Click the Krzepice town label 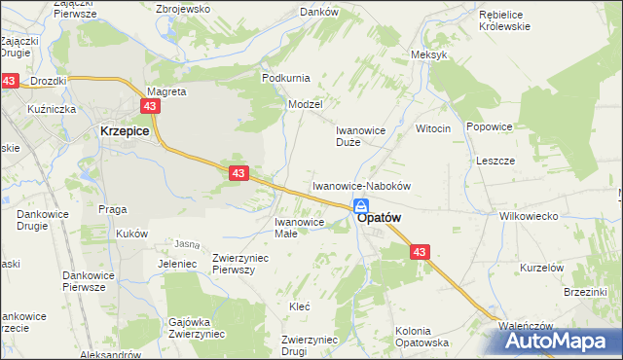click(x=123, y=130)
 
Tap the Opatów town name click(x=380, y=219)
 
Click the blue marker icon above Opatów click(x=361, y=205)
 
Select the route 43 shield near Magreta click(x=150, y=105)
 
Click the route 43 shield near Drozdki click(x=9, y=82)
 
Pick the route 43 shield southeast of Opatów click(x=419, y=251)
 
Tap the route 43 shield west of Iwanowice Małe click(x=238, y=172)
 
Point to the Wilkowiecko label click(x=527, y=216)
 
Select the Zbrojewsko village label click(x=184, y=8)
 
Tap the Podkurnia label click(x=285, y=77)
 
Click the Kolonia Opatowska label click(x=421, y=337)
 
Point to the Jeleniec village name click(x=171, y=264)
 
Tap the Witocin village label click(x=433, y=128)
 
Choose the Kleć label click(x=299, y=306)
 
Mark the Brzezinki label click(x=585, y=291)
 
